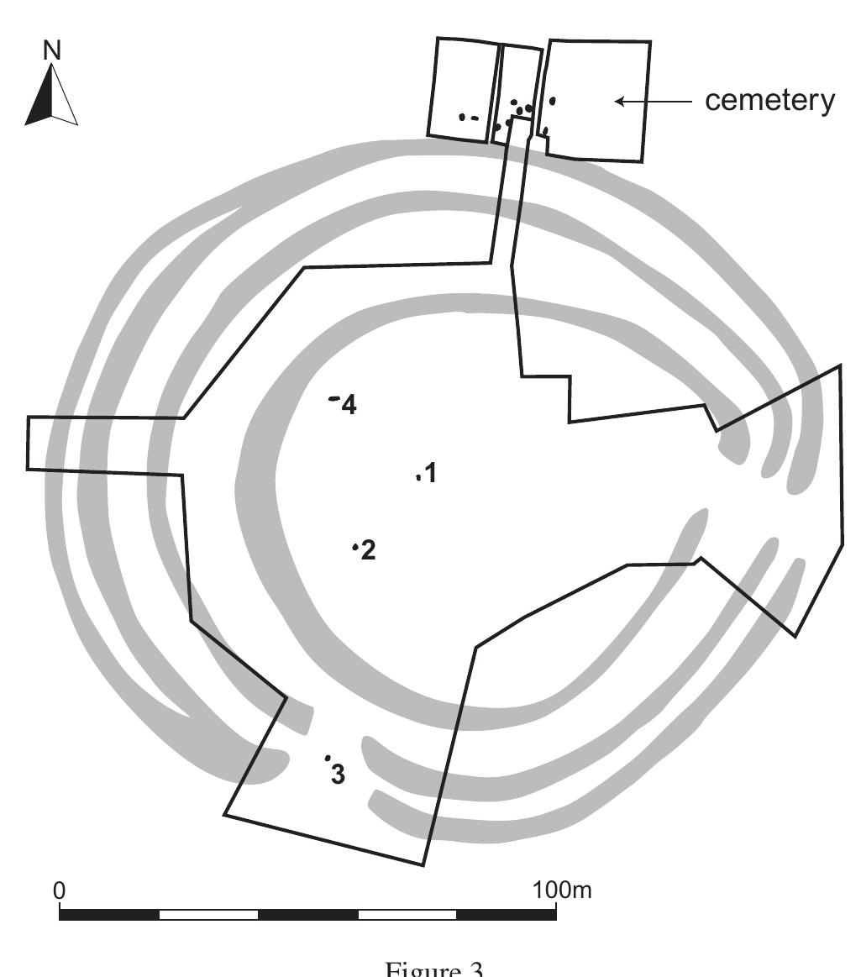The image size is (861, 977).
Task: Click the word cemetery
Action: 769,101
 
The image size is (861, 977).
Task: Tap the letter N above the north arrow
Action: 52,50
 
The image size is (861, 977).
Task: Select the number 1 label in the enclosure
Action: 431,473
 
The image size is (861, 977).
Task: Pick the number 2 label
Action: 368,551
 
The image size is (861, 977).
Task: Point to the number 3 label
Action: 338,774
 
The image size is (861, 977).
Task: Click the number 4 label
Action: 349,406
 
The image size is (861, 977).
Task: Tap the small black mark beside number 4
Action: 334,398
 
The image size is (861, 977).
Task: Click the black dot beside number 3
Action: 327,758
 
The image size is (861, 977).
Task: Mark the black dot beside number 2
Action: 355,548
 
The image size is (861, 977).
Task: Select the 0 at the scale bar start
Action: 59,890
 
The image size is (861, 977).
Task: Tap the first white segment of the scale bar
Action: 208,914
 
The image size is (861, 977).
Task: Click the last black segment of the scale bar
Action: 507,914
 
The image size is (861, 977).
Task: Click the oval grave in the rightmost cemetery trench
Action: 552,101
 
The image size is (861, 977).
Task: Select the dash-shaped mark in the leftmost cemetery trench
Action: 475,118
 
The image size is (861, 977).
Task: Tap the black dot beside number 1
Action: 417,477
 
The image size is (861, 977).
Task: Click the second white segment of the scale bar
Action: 407,914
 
